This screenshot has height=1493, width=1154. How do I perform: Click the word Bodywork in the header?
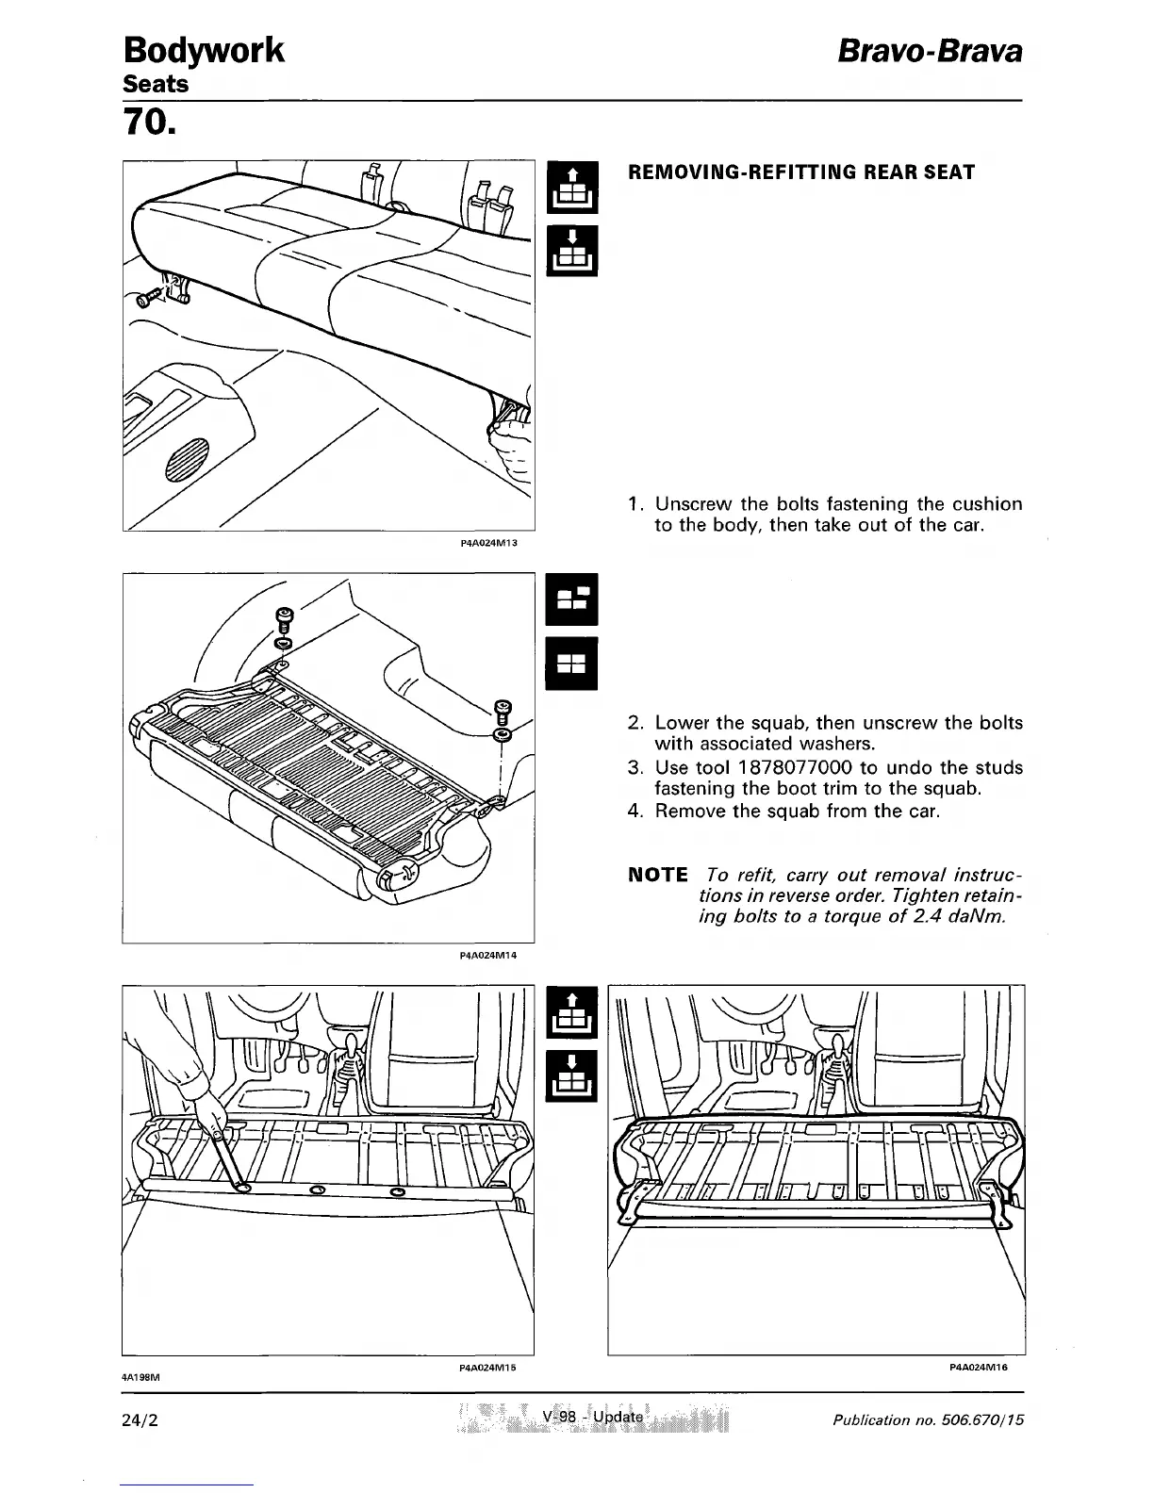[x=204, y=49]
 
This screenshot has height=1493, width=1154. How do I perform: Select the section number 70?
[x=149, y=123]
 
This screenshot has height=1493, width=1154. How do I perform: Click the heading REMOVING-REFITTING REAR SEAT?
[x=801, y=172]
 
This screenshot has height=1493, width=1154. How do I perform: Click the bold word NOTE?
[x=658, y=874]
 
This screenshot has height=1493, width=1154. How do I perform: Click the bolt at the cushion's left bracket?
[x=147, y=298]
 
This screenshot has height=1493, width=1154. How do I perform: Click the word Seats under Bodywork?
[x=157, y=84]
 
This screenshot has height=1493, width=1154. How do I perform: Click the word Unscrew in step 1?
[x=692, y=504]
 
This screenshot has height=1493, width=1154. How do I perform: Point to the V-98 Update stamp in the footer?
[x=593, y=1418]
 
